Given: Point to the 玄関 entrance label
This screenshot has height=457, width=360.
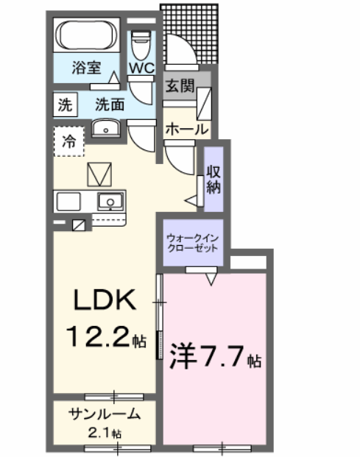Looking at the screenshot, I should point(180,85).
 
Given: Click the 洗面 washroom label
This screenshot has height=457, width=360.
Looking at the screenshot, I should point(110,104).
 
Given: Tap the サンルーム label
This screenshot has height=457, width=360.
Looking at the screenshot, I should point(102,414).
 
